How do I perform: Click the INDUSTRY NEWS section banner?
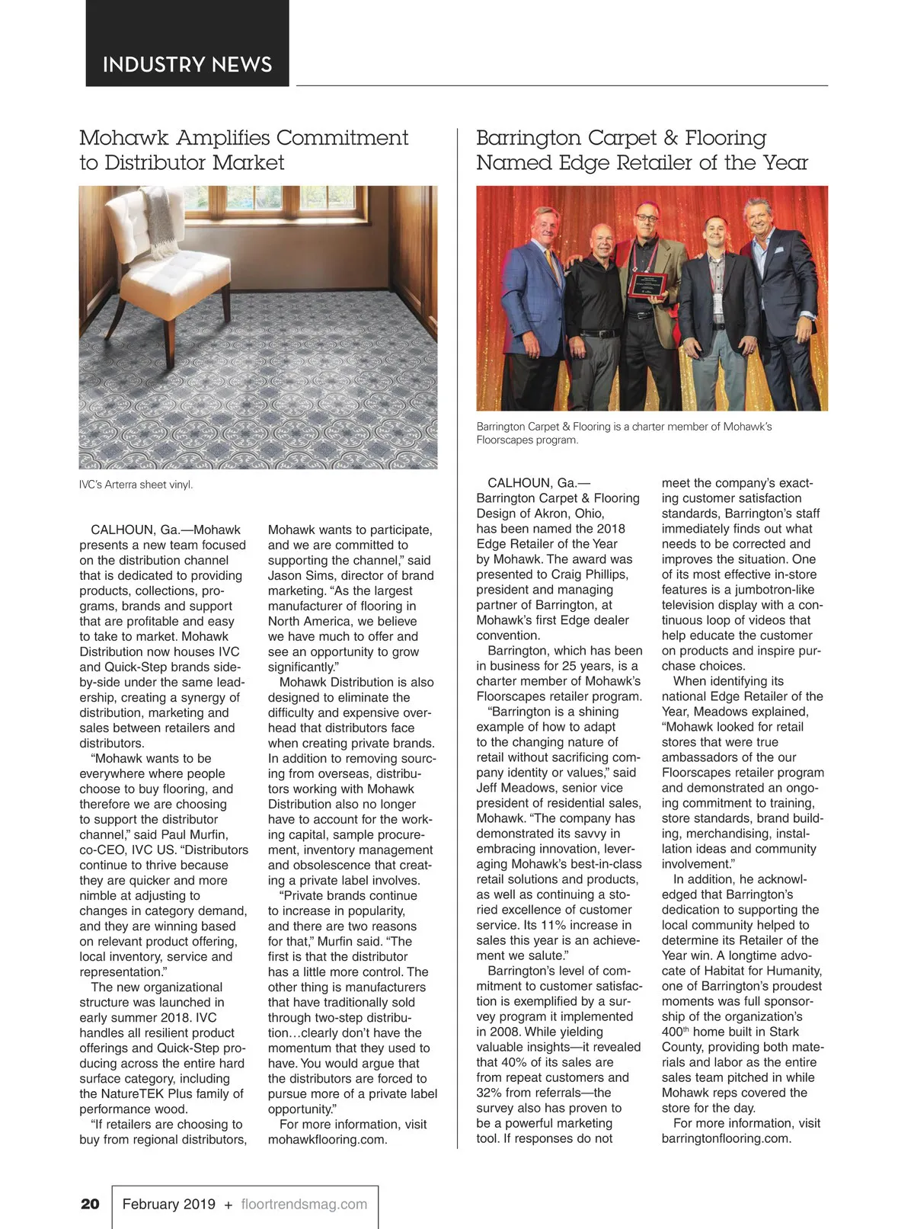(187, 64)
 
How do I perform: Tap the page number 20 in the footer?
(90, 1204)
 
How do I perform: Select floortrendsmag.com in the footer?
(304, 1204)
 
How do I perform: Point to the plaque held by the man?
(647, 284)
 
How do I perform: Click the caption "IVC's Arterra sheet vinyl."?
(136, 485)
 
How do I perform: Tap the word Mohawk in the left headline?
(125, 138)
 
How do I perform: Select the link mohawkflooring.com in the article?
(328, 1140)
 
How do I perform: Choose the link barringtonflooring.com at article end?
(727, 1138)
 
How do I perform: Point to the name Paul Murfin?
(193, 834)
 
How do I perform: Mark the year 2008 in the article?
(504, 1032)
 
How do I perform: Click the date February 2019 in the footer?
(169, 1204)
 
